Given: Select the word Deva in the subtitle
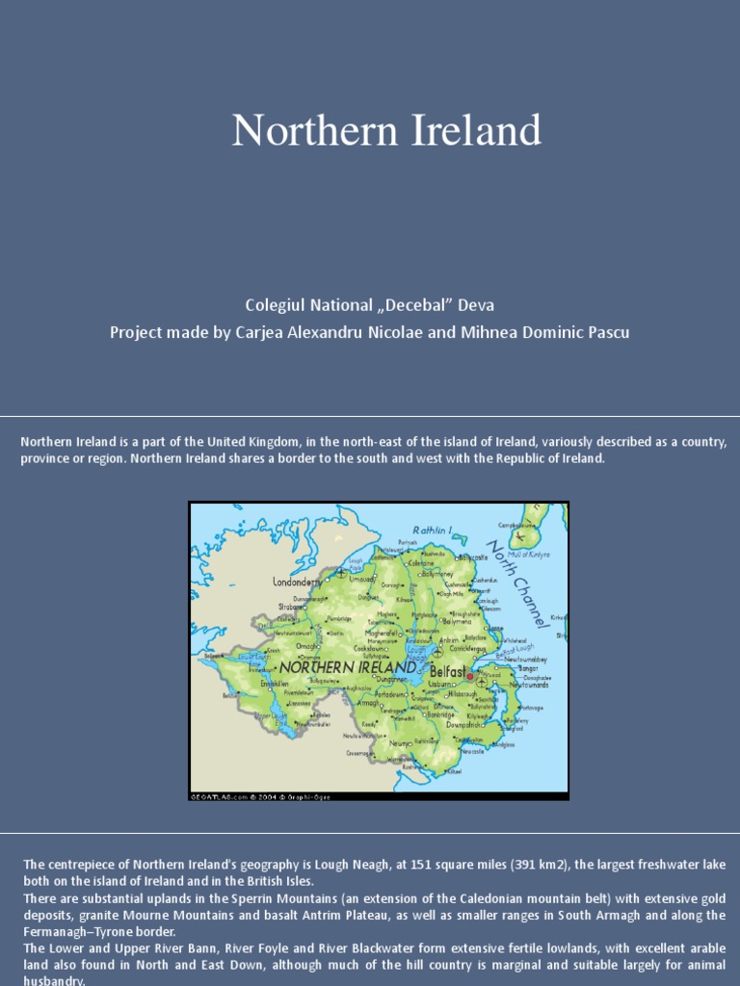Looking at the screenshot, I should coord(477,305).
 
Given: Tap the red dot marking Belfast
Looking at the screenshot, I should coord(470,676).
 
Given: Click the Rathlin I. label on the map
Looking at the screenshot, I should coord(433,529).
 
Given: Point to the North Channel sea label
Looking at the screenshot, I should coord(518,584).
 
